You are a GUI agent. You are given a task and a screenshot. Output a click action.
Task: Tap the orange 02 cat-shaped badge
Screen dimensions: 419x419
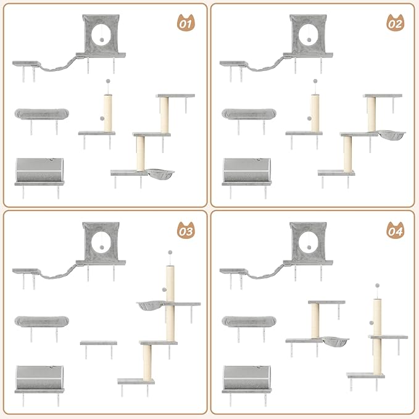pyautogui.click(x=394, y=25)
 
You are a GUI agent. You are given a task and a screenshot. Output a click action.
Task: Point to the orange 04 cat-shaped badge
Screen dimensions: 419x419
pyautogui.click(x=394, y=232)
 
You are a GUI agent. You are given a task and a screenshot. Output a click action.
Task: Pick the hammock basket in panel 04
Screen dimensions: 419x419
pyautogui.click(x=334, y=341)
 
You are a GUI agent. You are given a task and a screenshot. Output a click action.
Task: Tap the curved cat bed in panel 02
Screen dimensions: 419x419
pyautogui.click(x=249, y=114)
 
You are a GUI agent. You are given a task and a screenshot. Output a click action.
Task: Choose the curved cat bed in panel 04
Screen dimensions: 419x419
pyautogui.click(x=249, y=321)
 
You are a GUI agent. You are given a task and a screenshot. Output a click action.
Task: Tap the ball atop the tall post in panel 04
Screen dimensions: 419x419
pyautogui.click(x=377, y=286)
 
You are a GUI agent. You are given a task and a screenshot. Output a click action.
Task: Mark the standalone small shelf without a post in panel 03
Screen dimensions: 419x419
pyautogui.click(x=98, y=343)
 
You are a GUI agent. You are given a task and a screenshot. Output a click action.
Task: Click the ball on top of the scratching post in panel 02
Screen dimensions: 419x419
pyautogui.click(x=314, y=80)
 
